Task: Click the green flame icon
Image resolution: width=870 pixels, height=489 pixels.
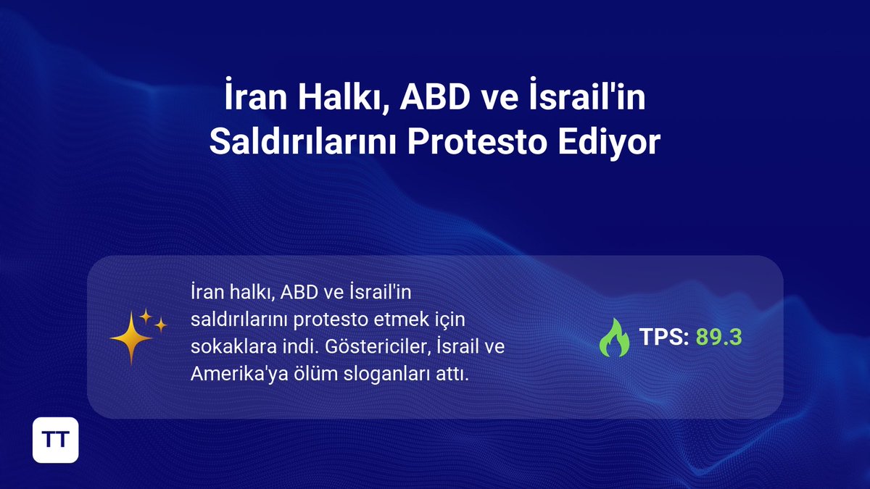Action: [614, 338]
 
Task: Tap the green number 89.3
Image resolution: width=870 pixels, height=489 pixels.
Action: [719, 337]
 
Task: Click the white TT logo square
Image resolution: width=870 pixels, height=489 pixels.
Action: [55, 439]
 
